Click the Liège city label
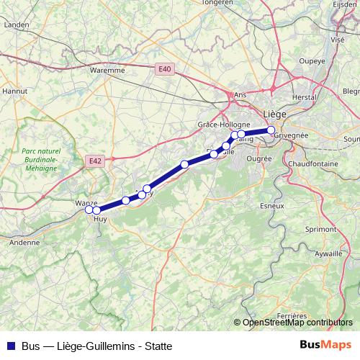point(275,114)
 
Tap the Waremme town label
point(109,71)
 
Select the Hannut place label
point(14,91)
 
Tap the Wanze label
point(86,203)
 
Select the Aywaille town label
point(328,254)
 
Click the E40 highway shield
point(165,68)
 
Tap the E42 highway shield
point(94,161)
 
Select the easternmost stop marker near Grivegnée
point(271,130)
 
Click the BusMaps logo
point(325,345)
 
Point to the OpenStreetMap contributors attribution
point(297,323)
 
